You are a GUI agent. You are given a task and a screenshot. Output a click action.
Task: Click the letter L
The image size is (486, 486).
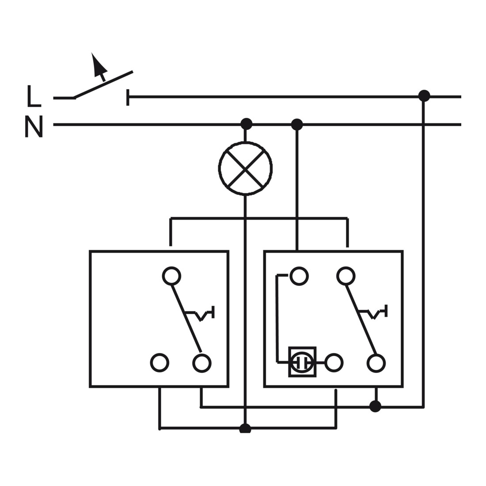coord(34,96)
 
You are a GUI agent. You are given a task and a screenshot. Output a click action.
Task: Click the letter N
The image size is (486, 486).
coord(34,126)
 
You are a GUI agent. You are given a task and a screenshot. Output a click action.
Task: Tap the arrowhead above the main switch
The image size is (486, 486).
coord(99,64)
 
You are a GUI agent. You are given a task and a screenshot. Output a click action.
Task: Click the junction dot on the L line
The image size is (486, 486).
coord(424,96)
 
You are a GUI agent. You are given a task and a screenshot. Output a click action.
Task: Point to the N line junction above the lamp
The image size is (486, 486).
coord(247,124)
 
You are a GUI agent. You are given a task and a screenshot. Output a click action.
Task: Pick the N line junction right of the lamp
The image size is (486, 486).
coord(297,124)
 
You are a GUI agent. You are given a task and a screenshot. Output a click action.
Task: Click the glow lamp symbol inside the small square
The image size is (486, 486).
coord(302,362)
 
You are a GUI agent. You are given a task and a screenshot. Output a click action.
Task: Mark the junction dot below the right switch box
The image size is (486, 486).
coord(376,406)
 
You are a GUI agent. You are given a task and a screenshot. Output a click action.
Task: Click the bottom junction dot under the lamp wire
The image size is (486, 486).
coord(245,429)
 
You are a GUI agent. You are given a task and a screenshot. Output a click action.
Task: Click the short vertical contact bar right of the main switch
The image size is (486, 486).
coord(128,97)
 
